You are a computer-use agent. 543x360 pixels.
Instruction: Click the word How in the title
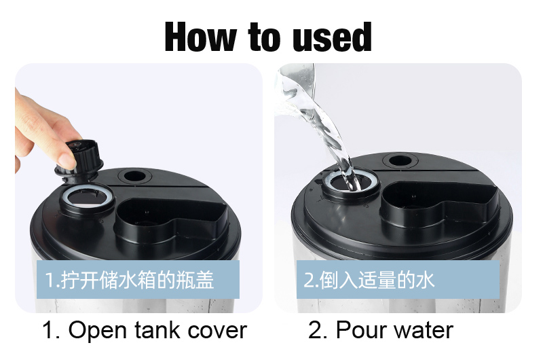coord(200,37)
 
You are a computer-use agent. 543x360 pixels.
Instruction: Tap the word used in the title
coord(332,37)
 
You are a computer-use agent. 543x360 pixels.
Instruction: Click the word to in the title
coord(264,37)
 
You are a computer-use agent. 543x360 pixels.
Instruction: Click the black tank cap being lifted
coord(79,160)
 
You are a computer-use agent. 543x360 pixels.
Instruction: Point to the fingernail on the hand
coord(66,161)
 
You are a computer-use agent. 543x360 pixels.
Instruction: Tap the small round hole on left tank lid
coord(134,176)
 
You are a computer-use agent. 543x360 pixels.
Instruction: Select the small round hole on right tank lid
coord(400,160)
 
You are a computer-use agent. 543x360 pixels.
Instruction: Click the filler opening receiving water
coord(350,181)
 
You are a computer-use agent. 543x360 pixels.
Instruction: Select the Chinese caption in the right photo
coord(369,280)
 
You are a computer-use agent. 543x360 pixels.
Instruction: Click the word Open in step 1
coord(97,330)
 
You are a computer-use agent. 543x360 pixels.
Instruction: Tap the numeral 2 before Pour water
coord(314,329)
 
